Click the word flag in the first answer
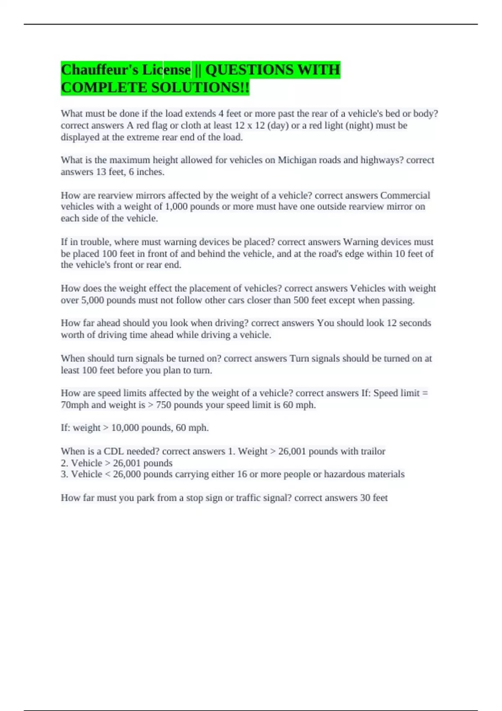(159, 125)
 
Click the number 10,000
(125, 428)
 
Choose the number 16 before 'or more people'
(242, 474)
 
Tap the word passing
(398, 300)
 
